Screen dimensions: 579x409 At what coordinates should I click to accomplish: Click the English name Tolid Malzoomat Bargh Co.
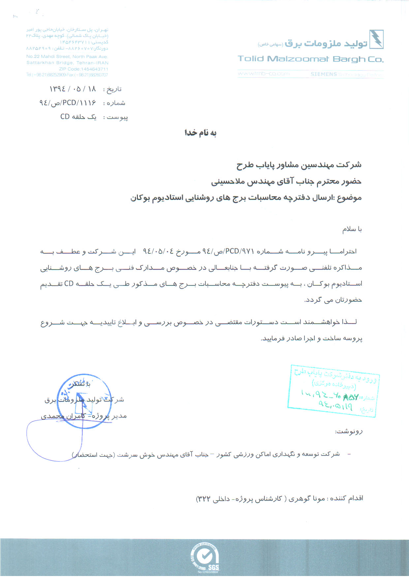pyautogui.click(x=310, y=59)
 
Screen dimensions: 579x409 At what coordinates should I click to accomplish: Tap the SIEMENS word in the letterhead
pyautogui.click(x=324, y=74)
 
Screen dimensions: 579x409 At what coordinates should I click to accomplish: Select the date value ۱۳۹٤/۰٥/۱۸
pyautogui.click(x=73, y=89)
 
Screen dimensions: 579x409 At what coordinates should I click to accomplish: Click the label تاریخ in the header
pyautogui.click(x=112, y=90)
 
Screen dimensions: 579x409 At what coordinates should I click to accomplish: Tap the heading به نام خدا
pyautogui.click(x=200, y=133)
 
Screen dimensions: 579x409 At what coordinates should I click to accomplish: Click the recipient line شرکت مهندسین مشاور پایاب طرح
pyautogui.click(x=299, y=165)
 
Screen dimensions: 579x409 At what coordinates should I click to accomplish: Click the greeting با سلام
pyautogui.click(x=352, y=229)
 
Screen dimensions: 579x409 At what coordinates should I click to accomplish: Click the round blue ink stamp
pyautogui.click(x=84, y=401)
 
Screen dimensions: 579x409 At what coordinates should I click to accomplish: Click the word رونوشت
pyautogui.click(x=349, y=431)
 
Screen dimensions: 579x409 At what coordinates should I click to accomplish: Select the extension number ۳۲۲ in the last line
pyautogui.click(x=204, y=498)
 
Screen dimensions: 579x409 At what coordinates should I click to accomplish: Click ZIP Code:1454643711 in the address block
pyautogui.click(x=83, y=69)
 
